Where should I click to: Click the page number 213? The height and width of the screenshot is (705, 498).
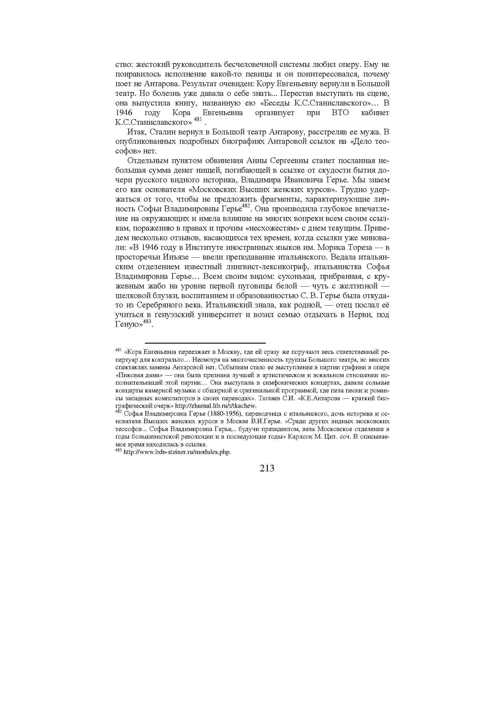[267, 468]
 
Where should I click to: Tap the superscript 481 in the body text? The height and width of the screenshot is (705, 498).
[198, 119]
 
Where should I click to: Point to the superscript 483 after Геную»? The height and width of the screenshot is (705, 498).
[147, 322]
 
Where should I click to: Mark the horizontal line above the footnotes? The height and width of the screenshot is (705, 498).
[205, 343]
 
